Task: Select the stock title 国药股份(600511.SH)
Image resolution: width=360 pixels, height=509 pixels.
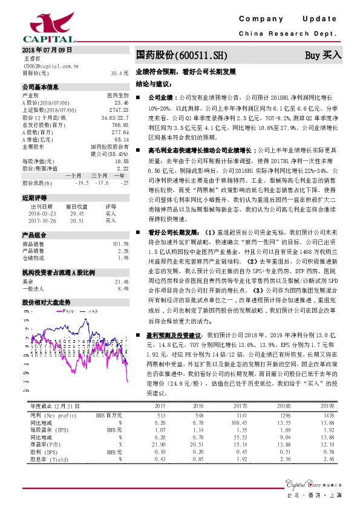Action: (182, 55)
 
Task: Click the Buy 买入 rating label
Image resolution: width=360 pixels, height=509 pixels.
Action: (323, 55)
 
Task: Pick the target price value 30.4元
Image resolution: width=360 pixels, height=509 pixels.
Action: (120, 73)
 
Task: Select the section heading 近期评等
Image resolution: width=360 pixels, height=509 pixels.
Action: (33, 198)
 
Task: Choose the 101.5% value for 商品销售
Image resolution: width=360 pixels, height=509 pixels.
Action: (121, 243)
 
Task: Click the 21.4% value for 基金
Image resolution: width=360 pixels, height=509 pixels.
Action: (122, 282)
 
